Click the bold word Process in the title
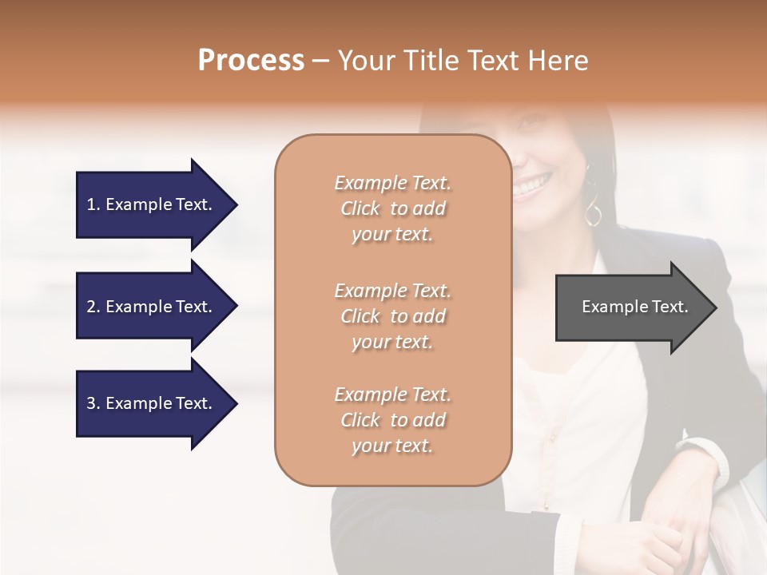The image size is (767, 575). pos(251,61)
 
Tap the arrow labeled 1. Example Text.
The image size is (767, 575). pos(152,204)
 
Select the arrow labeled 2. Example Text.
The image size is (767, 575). pos(152,307)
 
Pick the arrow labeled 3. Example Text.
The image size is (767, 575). pos(152,403)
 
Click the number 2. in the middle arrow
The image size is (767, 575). pos(93,307)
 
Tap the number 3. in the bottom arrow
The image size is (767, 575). pos(93,403)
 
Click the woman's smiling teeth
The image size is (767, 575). pos(529,188)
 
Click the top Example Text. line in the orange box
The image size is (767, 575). pos(392,183)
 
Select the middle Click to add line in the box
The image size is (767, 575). pos(392,316)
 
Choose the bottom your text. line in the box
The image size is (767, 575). pos(392,446)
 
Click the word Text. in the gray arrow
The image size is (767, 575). pos(671,307)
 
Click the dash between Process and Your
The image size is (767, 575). pos(321,61)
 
